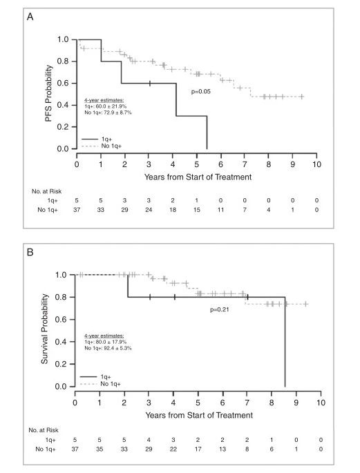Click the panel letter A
click(x=30, y=17)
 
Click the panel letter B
click(x=30, y=252)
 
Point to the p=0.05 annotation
click(x=200, y=91)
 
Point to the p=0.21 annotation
click(x=219, y=309)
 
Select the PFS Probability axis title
click(x=48, y=93)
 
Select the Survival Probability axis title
click(x=44, y=329)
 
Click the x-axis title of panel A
click(x=198, y=177)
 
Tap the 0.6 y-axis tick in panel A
click(x=63, y=84)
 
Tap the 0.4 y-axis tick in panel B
click(x=61, y=342)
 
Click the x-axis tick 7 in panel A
click(x=245, y=164)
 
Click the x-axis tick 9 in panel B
click(x=296, y=403)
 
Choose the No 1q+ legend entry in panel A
click(x=102, y=146)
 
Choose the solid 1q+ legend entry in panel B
click(x=95, y=377)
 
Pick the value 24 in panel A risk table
click(x=149, y=210)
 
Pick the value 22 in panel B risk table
click(x=173, y=449)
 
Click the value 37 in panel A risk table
click(x=77, y=210)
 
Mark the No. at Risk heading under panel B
click(x=44, y=430)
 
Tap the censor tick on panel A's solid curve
click(x=150, y=84)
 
